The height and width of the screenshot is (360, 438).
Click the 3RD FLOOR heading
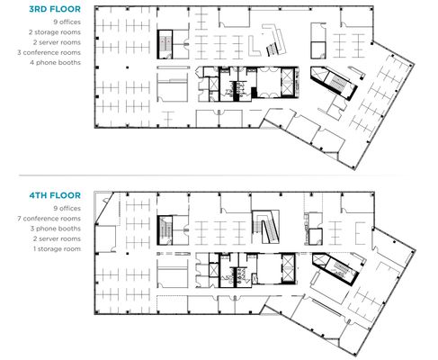[x=55, y=9]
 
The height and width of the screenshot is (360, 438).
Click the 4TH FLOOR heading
[x=55, y=195]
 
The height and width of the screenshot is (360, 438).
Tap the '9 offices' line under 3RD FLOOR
[x=67, y=22]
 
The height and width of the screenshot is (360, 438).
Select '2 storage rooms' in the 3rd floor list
[x=55, y=32]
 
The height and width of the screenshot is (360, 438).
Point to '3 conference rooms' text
[x=49, y=52]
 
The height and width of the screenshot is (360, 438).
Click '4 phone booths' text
[x=56, y=63]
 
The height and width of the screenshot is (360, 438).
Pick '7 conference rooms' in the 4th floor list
[x=49, y=219]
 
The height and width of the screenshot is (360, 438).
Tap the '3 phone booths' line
[x=56, y=229]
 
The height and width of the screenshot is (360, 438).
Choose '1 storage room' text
[x=57, y=249]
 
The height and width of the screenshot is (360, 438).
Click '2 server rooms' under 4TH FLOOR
[x=57, y=238]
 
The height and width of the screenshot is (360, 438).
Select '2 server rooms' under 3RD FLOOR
[x=57, y=42]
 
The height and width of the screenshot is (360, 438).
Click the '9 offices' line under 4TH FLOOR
[x=67, y=208]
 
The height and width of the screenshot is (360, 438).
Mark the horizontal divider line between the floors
[x=207, y=175]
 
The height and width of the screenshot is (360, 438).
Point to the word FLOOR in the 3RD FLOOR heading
[x=66, y=9]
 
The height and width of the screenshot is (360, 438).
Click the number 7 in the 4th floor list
[x=19, y=219]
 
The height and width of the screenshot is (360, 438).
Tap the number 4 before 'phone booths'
[x=31, y=62]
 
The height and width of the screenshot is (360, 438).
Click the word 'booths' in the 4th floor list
[x=71, y=229]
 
